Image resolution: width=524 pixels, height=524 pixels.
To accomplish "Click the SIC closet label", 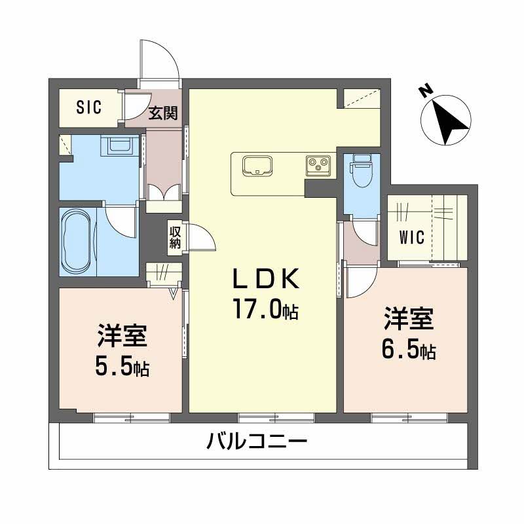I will pyautogui.click(x=88, y=107).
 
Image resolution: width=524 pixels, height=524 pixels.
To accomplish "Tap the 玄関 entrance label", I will pyautogui.click(x=162, y=113).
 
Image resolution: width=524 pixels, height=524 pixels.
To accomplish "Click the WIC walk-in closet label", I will pyautogui.click(x=413, y=236).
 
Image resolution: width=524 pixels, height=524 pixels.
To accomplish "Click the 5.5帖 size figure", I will pyautogui.click(x=122, y=367).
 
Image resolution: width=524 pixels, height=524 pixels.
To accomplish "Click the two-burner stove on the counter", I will pyautogui.click(x=319, y=166).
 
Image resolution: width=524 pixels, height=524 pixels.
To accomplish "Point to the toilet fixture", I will pyautogui.click(x=361, y=172).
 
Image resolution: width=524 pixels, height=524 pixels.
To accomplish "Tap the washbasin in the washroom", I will pyautogui.click(x=120, y=145).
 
